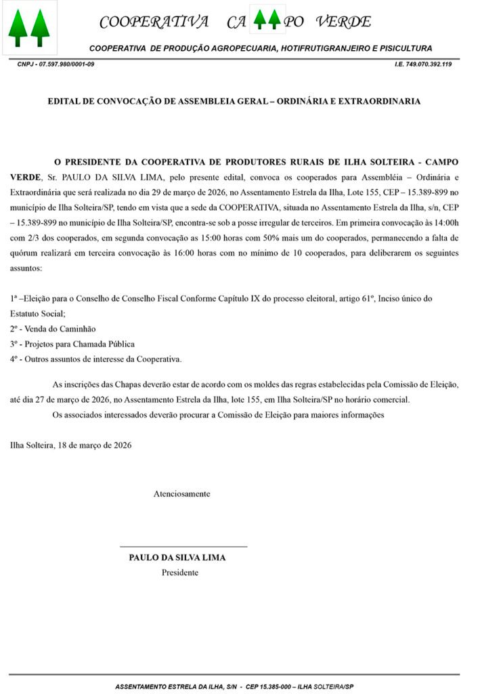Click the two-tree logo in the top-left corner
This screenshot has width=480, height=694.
[x=29, y=28]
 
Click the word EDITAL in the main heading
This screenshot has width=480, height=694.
[x=65, y=101]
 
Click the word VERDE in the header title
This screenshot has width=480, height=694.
[x=346, y=22]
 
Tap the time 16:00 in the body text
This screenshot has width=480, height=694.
[x=272, y=253]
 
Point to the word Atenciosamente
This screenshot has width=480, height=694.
[x=181, y=494]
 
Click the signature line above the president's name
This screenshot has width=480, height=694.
[x=183, y=546]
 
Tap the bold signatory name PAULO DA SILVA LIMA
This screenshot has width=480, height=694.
[x=177, y=558]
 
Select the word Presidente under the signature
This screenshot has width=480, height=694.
[x=179, y=573]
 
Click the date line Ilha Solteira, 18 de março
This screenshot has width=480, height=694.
[x=70, y=445]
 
